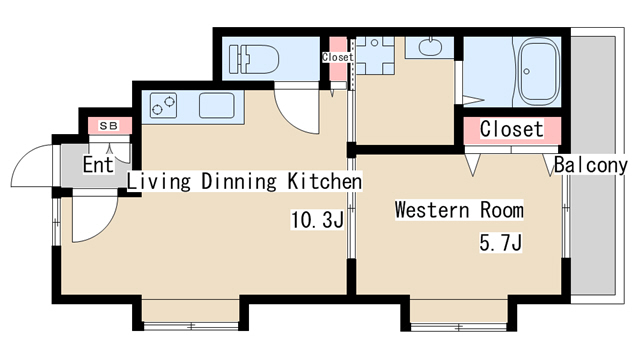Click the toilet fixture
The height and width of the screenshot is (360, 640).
coord(254,59)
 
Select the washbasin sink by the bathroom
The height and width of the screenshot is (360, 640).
coord(430,46)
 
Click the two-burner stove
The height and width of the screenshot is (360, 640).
coord(163,105)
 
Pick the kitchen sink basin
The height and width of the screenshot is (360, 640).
coord(217,105)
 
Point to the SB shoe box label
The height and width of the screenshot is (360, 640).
coord(109,126)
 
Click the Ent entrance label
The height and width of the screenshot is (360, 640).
coord(98,164)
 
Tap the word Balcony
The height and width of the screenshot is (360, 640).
coord(591,165)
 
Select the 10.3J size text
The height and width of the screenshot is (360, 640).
coord(318,220)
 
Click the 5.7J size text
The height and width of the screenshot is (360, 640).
coord(500,243)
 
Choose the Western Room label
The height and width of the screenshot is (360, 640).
coord(459,210)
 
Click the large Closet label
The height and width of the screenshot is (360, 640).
coord(512,129)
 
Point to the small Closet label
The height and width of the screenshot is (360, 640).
coord(338,57)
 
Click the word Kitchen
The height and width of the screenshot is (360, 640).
coord(325,181)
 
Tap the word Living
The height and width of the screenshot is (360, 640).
coord(159,182)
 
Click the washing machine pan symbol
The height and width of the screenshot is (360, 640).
coord(375,56)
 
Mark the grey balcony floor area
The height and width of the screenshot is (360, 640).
coord(593,165)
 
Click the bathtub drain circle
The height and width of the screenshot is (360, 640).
coord(527,71)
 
